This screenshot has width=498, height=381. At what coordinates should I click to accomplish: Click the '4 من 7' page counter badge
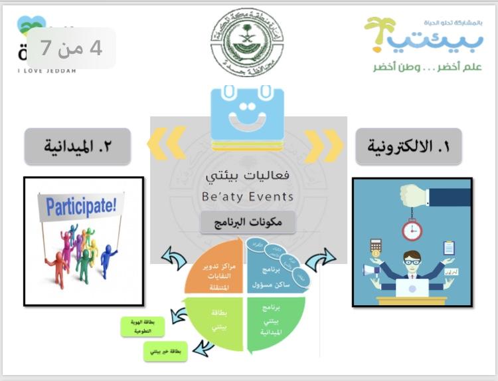[72, 48]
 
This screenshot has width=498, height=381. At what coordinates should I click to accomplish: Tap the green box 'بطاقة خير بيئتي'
[165, 350]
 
